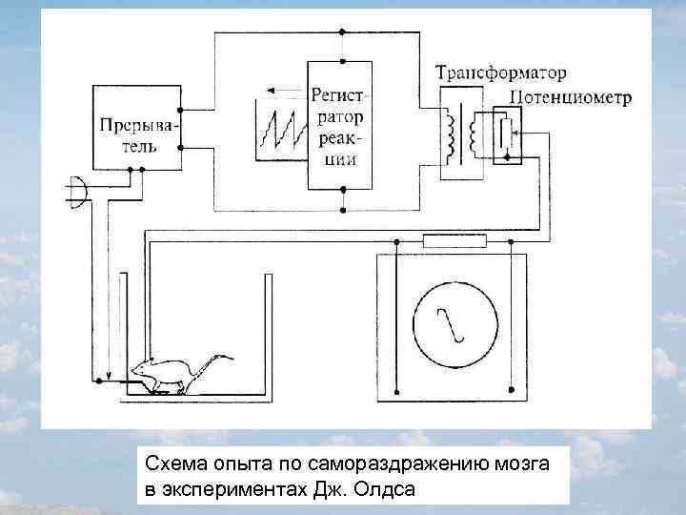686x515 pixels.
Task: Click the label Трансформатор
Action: click(x=501, y=72)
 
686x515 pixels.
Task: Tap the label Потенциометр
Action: click(x=570, y=97)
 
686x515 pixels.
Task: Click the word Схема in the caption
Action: click(x=171, y=464)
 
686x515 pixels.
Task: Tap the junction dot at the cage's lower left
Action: click(x=98, y=381)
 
